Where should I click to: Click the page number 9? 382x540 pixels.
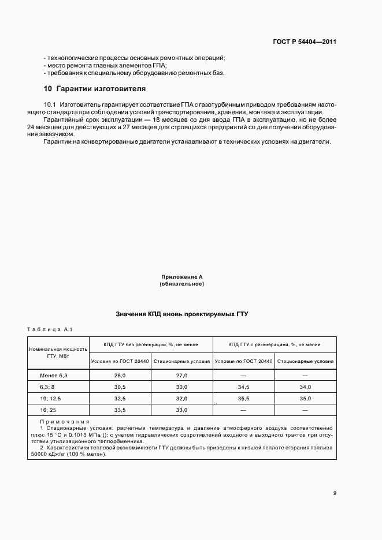pyautogui.click(x=335, y=492)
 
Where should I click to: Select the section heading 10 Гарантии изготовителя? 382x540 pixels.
pyautogui.click(x=95, y=89)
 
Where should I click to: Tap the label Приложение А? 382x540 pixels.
pyautogui.click(x=182, y=277)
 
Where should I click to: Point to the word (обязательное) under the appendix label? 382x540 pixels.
pyautogui.click(x=182, y=284)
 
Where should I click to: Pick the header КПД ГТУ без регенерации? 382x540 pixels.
pyautogui.click(x=151, y=344)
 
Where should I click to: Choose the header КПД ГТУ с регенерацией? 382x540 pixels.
pyautogui.click(x=275, y=344)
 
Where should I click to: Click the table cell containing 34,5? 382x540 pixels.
pyautogui.click(x=243, y=387)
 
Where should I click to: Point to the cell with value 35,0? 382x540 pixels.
pyautogui.click(x=305, y=398)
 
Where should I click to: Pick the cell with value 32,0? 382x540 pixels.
pyautogui.click(x=181, y=398)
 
